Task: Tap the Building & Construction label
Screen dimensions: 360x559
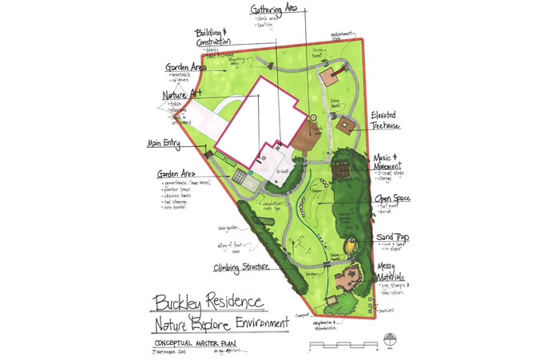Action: [213, 38]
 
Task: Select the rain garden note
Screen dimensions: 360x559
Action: [226, 227]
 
